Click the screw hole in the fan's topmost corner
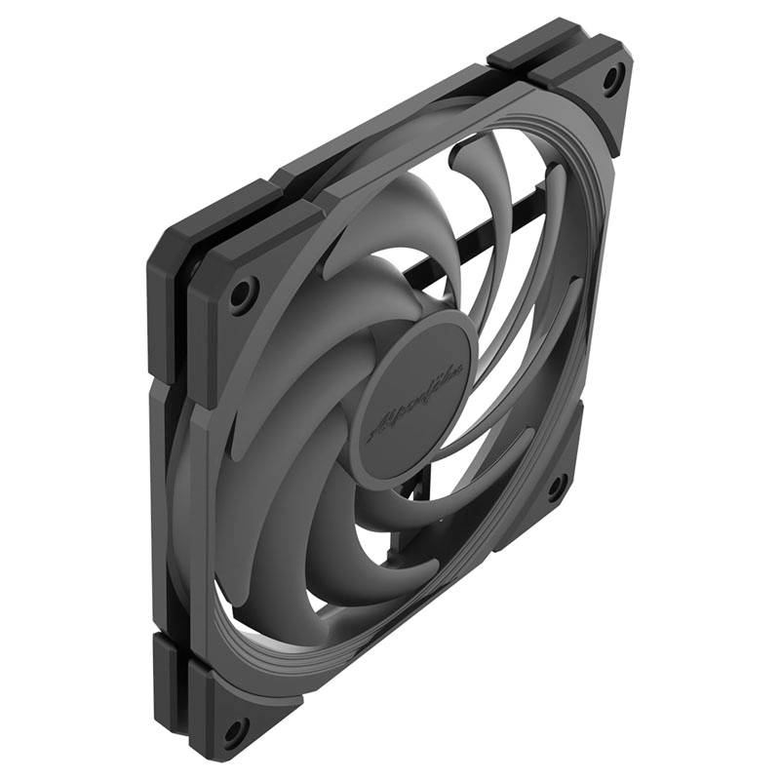pyautogui.click(x=612, y=79)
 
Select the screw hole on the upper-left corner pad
pyautogui.click(x=243, y=292)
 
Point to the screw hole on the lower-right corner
pyautogui.click(x=557, y=486)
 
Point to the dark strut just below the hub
pyautogui.click(x=414, y=507)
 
